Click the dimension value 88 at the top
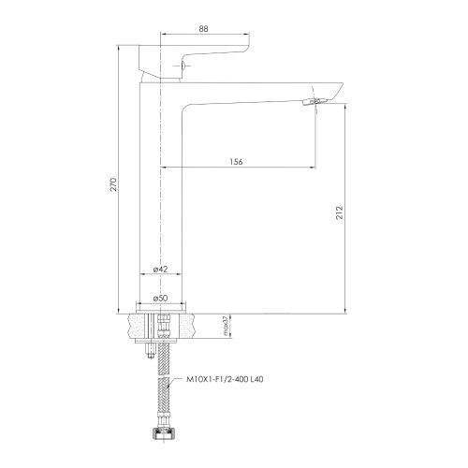tap(203, 29)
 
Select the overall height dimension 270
tap(113, 184)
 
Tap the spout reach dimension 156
tap(236, 162)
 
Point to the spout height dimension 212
tap(340, 212)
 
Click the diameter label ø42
tap(160, 269)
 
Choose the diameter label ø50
tap(160, 298)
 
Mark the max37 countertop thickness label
tap(226, 326)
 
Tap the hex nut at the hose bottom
tap(163, 434)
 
